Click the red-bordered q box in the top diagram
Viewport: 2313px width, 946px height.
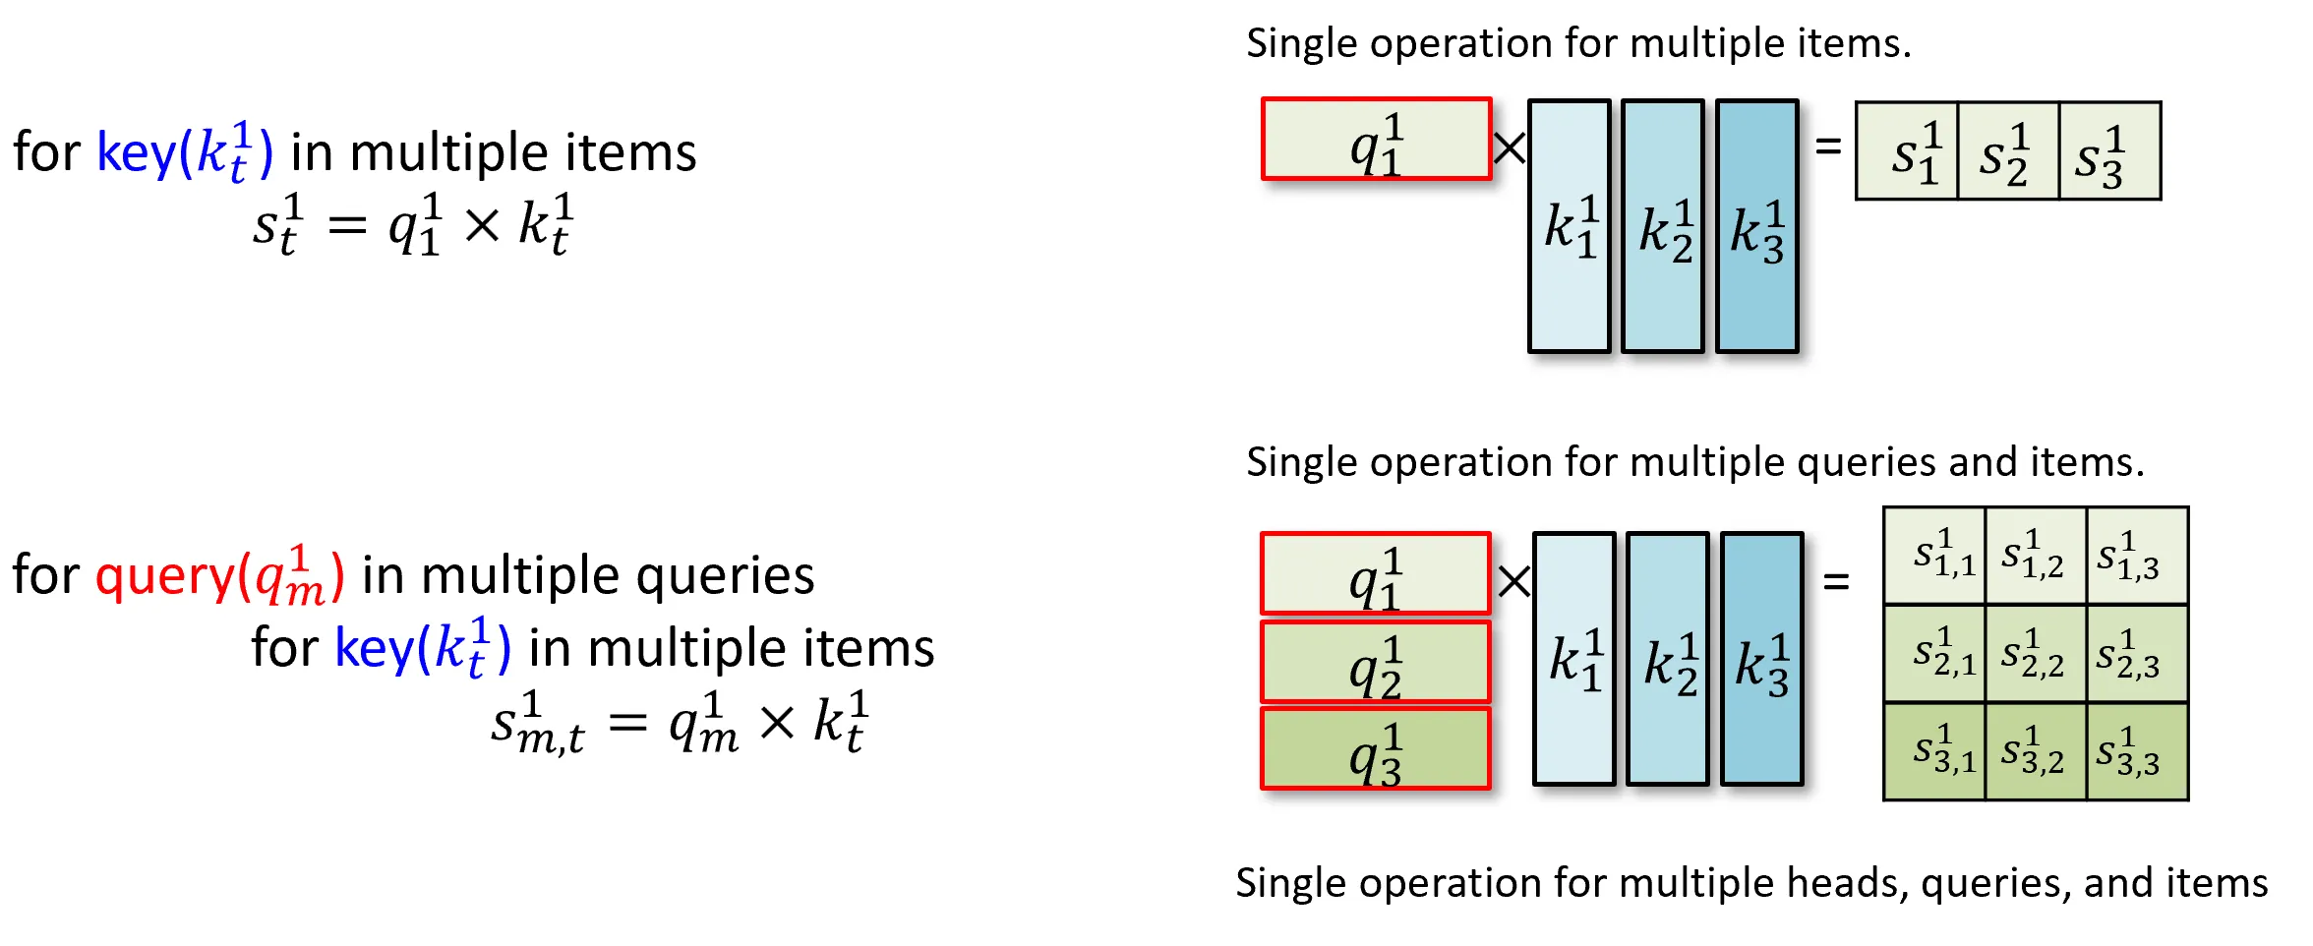(1377, 139)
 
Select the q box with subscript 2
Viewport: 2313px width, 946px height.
(1376, 661)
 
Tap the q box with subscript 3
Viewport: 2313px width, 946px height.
(1376, 747)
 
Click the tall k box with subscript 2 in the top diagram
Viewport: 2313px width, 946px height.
(1663, 226)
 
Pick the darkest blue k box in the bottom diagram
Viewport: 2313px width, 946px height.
(1762, 659)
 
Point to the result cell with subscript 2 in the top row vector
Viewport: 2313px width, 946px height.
(2008, 150)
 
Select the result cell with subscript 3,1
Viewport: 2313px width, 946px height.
(1934, 751)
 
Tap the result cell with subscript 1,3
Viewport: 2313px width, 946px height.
(2138, 556)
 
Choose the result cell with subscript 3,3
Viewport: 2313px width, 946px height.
(2138, 751)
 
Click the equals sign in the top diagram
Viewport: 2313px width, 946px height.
(1828, 147)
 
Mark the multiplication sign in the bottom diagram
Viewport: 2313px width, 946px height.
(1513, 580)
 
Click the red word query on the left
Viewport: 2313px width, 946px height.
(165, 576)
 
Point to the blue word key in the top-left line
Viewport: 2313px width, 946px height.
(137, 152)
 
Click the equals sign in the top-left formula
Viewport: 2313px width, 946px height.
(347, 226)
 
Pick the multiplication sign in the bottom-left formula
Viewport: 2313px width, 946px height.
(777, 724)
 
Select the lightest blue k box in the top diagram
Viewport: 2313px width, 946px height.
(1570, 226)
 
